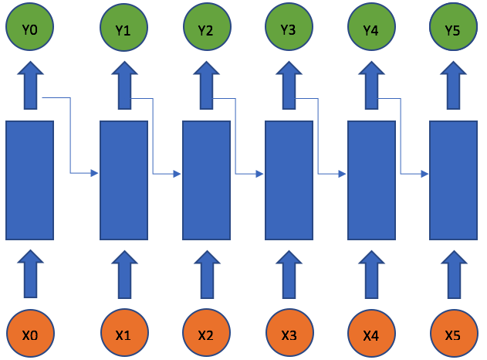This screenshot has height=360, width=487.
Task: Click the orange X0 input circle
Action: [x=30, y=335]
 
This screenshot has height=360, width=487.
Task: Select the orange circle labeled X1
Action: [x=123, y=335]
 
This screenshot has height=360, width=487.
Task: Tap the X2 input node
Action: [x=205, y=335]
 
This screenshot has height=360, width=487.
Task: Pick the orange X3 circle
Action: [x=288, y=335]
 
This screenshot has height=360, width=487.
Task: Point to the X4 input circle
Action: [x=370, y=335]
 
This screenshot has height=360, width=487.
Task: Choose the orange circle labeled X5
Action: [x=453, y=335]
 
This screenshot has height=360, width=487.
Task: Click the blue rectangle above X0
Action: [x=30, y=180]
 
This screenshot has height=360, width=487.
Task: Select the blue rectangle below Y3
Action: [x=288, y=180]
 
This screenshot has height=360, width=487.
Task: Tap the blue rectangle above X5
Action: [x=453, y=180]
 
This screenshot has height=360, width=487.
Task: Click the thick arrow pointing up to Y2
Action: [x=205, y=87]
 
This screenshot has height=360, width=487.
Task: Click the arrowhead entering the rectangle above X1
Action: [x=96, y=172]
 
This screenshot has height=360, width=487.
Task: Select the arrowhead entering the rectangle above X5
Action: [x=424, y=174]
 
